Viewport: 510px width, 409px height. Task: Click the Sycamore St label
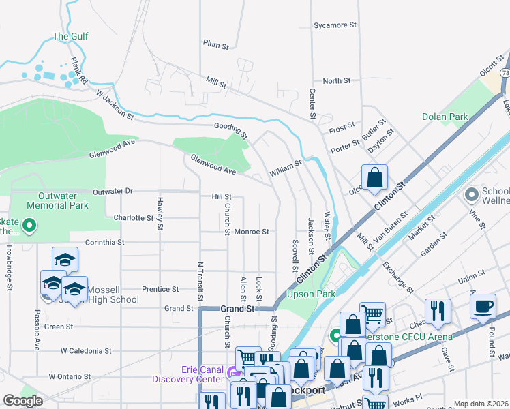[335, 25]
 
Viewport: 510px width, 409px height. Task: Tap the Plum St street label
[215, 45]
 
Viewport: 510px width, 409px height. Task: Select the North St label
[336, 81]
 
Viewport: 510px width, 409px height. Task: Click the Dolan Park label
[445, 117]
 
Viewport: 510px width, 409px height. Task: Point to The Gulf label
[70, 37]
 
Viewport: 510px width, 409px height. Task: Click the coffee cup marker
[483, 306]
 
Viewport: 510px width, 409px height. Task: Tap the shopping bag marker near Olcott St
[374, 178]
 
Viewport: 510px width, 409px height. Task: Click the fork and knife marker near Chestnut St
[438, 312]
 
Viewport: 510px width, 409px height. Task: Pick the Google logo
[22, 401]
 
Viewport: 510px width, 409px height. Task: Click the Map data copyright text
[481, 404]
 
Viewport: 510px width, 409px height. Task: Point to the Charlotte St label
[134, 218]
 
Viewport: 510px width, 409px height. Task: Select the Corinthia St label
[104, 242]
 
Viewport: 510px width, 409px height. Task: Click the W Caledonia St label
[85, 351]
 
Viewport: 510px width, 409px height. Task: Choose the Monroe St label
[252, 232]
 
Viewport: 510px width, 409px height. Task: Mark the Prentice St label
[160, 289]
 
